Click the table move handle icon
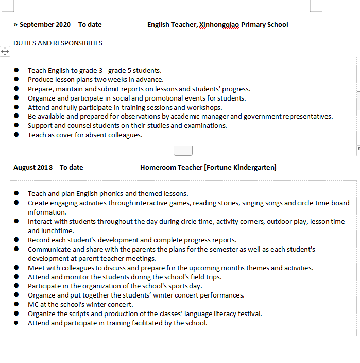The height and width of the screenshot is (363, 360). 5,52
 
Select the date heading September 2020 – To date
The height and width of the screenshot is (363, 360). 58,25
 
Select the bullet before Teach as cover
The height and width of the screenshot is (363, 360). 16,135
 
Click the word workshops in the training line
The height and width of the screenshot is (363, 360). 205,107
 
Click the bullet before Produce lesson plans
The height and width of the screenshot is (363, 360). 16,79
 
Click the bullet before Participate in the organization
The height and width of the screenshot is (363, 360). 16,286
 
